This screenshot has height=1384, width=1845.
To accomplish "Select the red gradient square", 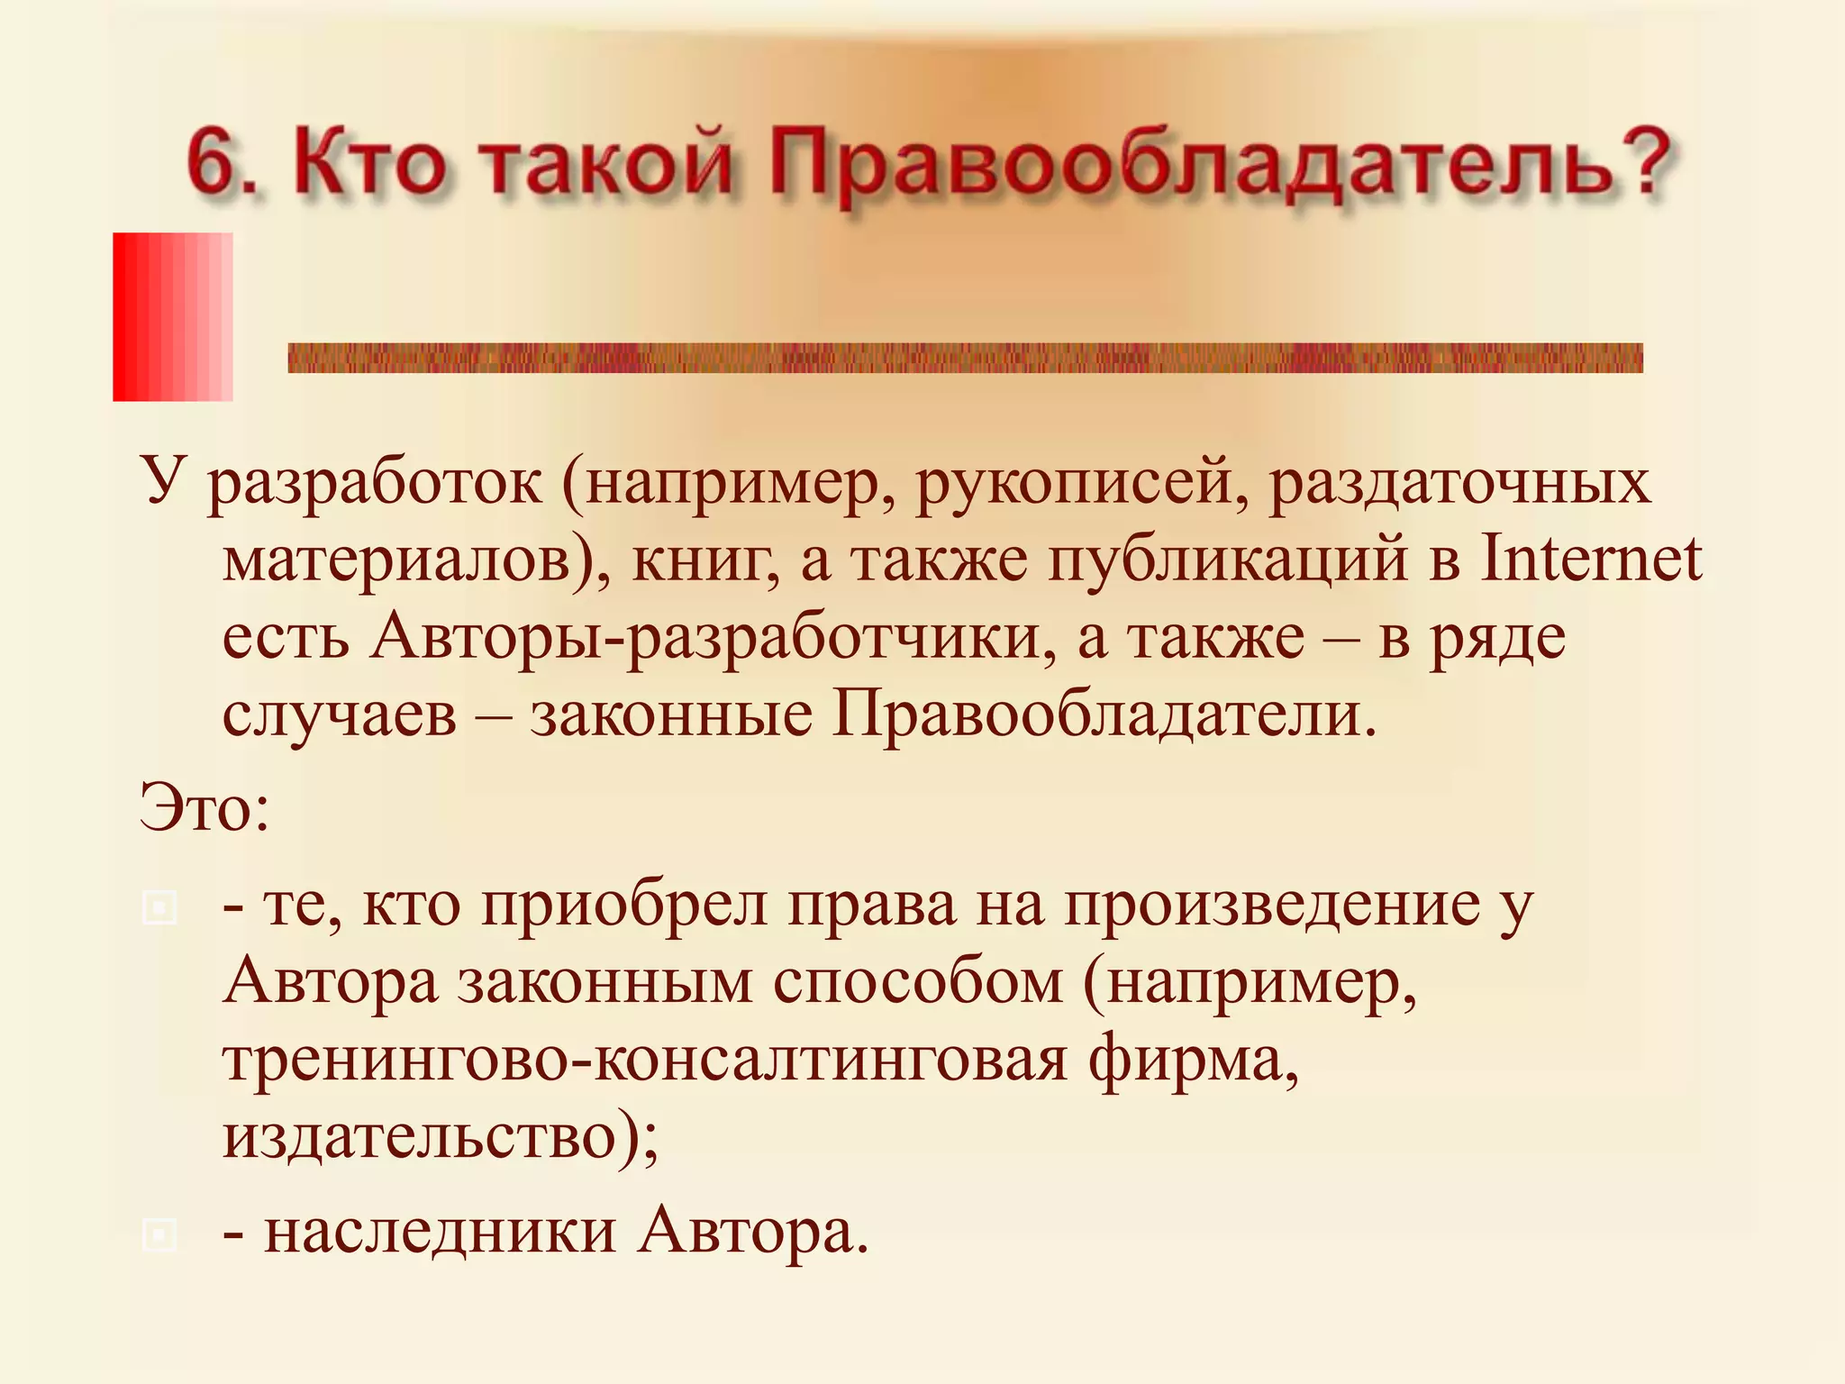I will pos(173,316).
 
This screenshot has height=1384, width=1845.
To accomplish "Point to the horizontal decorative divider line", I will pos(965,358).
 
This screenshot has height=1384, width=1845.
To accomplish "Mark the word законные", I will pos(671,716).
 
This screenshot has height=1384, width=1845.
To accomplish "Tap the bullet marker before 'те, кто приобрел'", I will pos(159,907).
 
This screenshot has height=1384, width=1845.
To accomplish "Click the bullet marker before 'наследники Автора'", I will pos(159,1234).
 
